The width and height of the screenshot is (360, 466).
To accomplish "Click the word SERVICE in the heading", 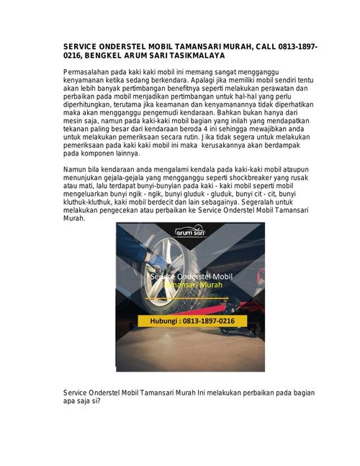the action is [81, 46].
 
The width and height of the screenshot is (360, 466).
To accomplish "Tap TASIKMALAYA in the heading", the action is [195, 55].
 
